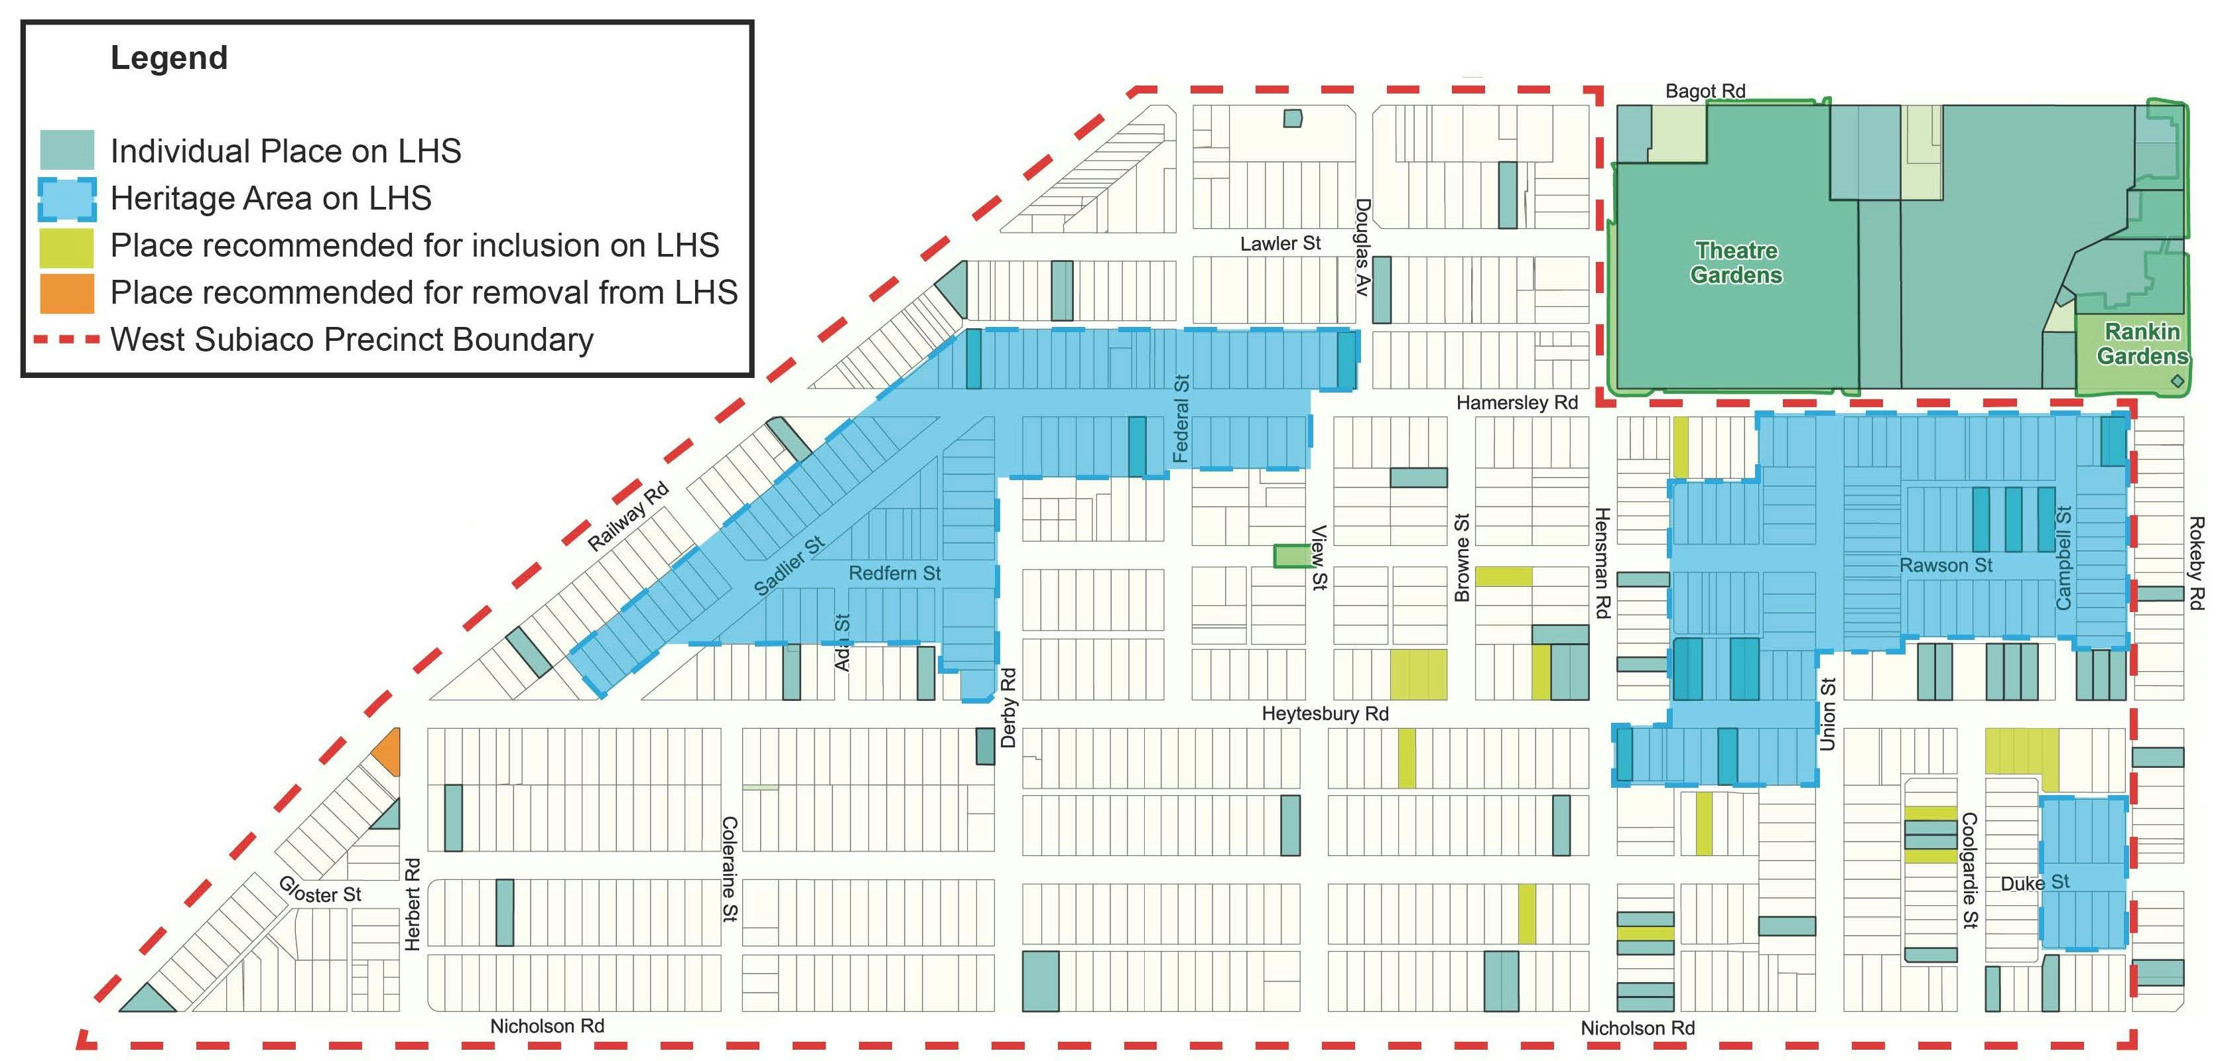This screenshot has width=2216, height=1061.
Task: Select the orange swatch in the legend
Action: [x=66, y=293]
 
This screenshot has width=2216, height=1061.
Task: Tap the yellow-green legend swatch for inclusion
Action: [x=66, y=247]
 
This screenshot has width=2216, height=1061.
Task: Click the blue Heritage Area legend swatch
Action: [x=66, y=199]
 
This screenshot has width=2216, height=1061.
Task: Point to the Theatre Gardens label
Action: [x=1735, y=262]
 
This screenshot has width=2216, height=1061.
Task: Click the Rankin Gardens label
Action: [x=2141, y=343]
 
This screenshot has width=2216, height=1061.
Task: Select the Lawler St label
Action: [x=1279, y=243]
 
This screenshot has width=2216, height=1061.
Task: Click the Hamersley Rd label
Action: [x=1517, y=403]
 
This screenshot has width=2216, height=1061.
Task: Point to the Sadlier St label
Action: [x=789, y=565]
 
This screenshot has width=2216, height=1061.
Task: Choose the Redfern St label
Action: [x=894, y=573]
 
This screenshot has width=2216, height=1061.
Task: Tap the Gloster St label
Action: [x=319, y=890]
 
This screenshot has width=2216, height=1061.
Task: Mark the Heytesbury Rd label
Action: [x=1324, y=713]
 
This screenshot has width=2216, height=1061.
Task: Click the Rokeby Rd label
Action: [x=2196, y=563]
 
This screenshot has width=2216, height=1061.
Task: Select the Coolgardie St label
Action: [x=1969, y=870]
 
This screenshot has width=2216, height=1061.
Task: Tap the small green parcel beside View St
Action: [x=1289, y=556]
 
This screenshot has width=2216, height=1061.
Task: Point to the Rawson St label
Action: [x=1945, y=565]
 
